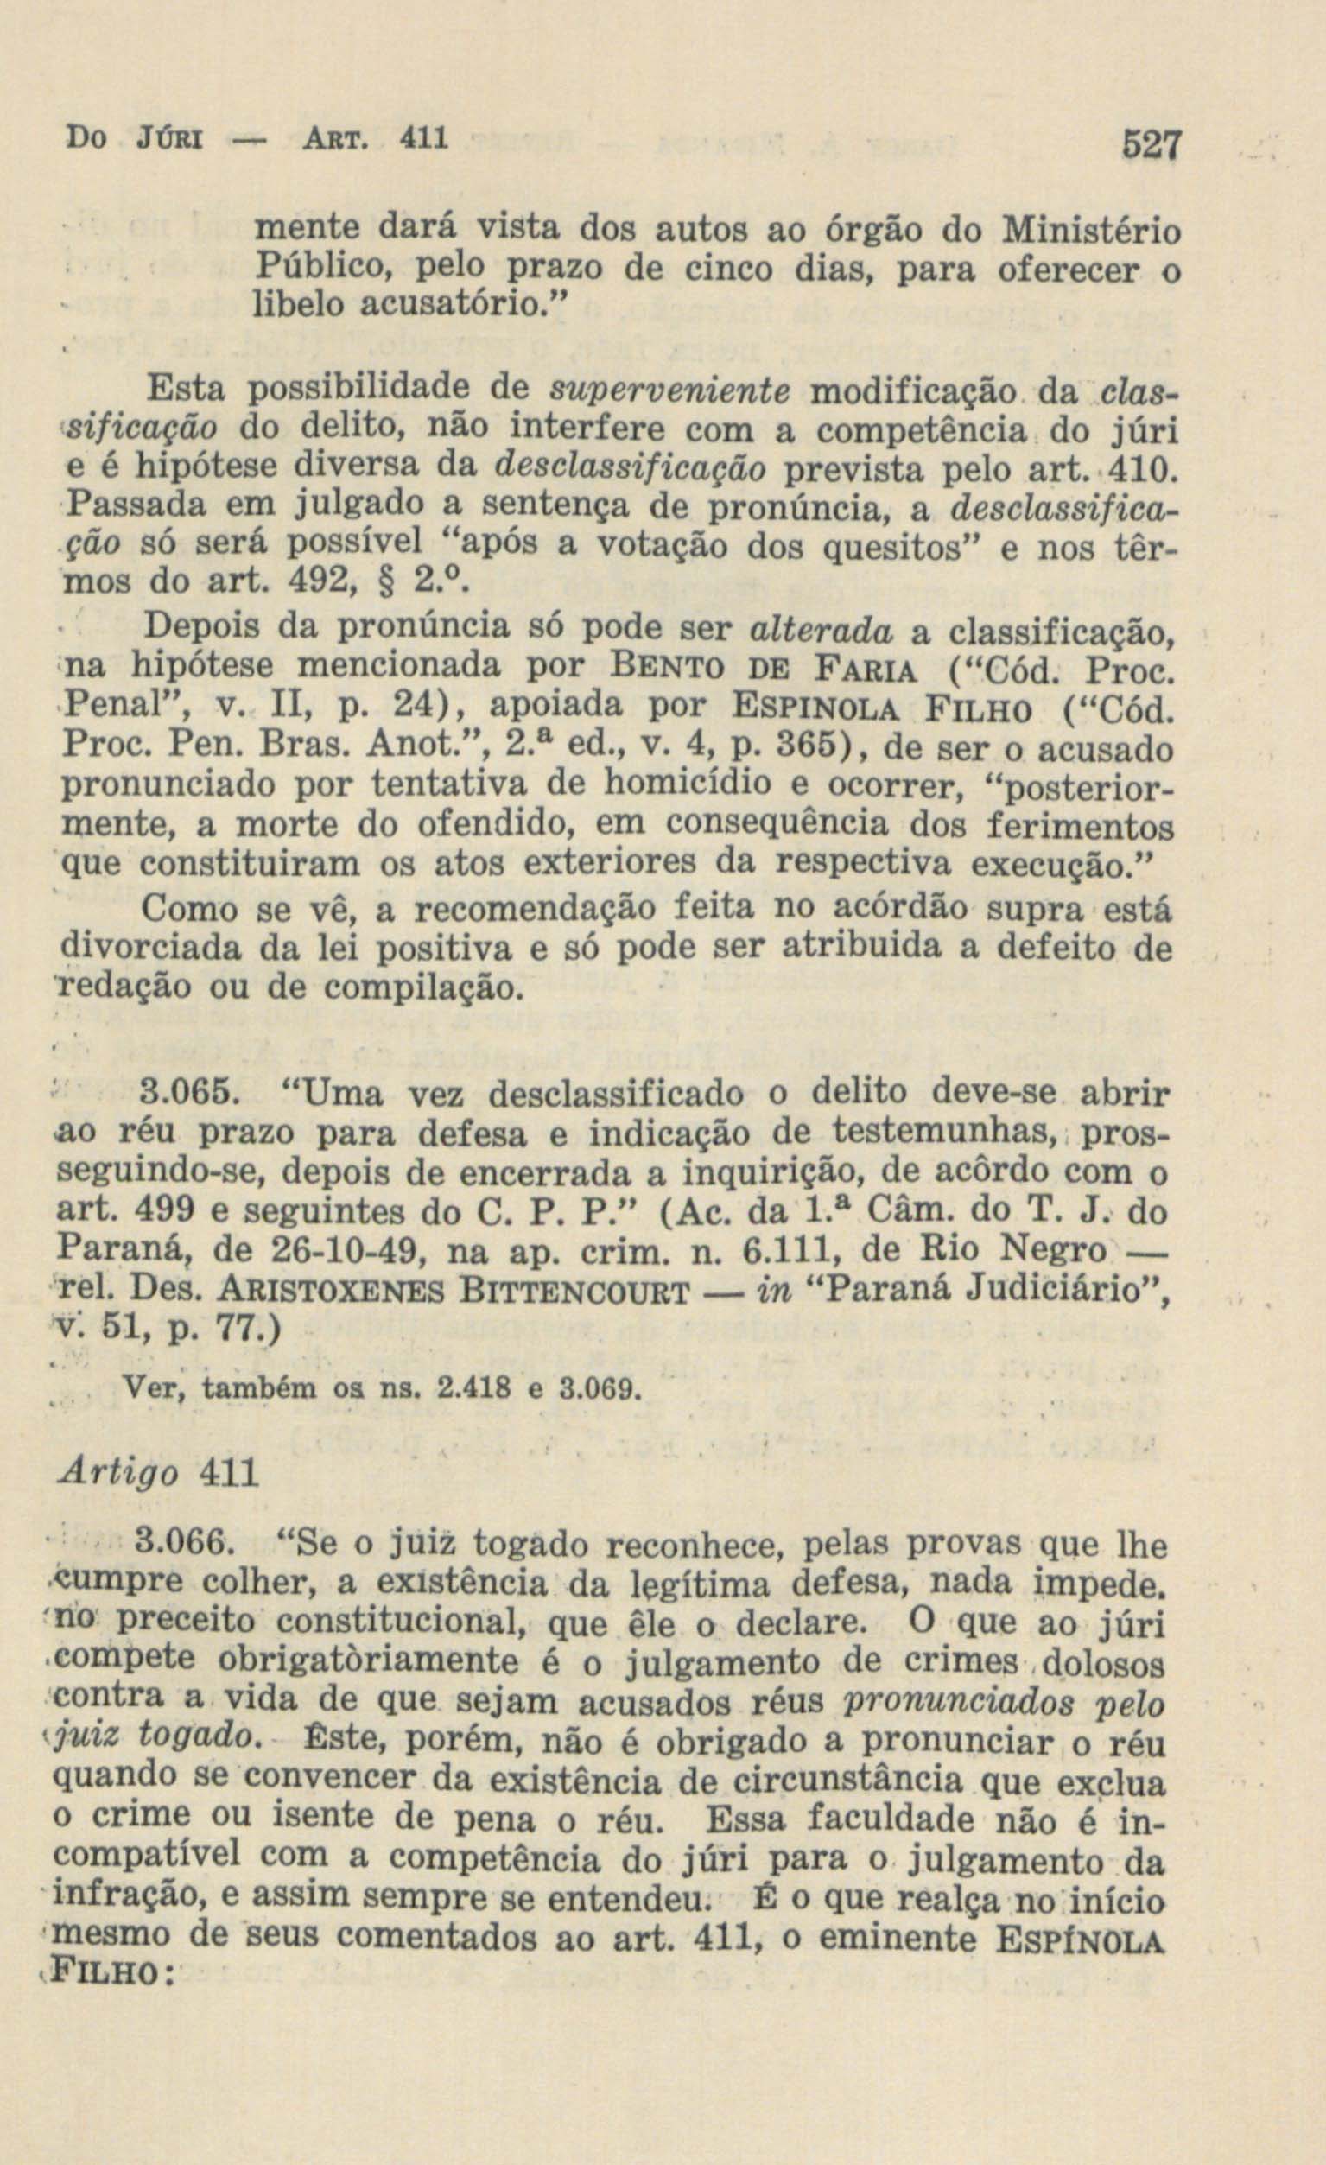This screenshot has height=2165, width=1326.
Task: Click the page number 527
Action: coord(1143,144)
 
